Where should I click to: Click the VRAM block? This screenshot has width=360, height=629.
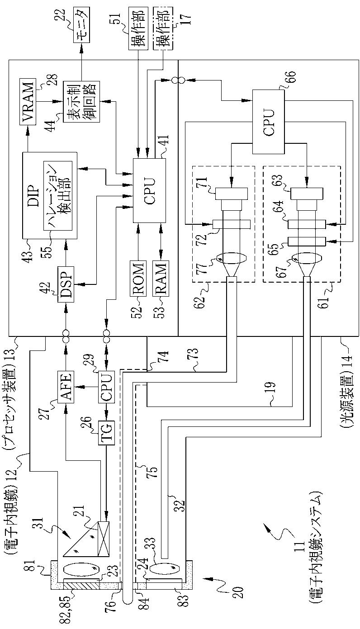tap(28, 102)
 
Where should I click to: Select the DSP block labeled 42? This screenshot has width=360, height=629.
tap(66, 284)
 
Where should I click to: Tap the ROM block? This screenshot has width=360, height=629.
tap(138, 279)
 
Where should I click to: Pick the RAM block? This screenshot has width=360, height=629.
tap(161, 279)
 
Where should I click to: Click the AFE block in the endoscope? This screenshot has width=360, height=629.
tap(66, 387)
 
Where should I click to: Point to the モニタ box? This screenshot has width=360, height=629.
tap(82, 25)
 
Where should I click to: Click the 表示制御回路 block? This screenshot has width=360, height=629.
tap(81, 101)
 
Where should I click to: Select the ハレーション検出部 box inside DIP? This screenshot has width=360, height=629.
tap(57, 196)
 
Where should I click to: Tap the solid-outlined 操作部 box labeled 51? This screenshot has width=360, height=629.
tap(138, 28)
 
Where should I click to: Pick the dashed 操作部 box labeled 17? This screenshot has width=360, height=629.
tap(163, 28)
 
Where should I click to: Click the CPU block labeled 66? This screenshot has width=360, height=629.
tap(269, 122)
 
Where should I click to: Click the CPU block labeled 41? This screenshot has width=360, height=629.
tap(149, 190)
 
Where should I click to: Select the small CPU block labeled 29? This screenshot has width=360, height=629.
tap(106, 387)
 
